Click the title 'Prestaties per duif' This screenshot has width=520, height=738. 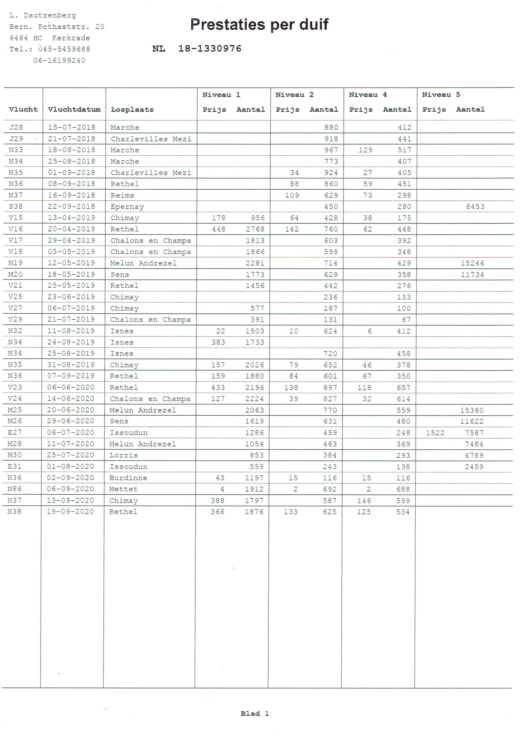[259, 24]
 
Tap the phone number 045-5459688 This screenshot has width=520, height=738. [64, 49]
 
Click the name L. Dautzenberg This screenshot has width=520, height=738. [43, 15]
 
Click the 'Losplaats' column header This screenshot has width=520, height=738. [132, 109]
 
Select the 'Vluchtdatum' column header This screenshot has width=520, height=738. [74, 109]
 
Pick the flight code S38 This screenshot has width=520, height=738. [16, 206]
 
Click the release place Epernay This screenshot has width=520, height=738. [127, 207]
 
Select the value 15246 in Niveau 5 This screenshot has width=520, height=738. [472, 263]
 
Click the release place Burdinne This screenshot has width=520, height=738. [128, 478]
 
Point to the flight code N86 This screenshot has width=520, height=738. [15, 489]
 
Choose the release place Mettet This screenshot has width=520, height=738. [123, 489]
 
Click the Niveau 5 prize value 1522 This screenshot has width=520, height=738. [435, 433]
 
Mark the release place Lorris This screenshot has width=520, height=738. [123, 455]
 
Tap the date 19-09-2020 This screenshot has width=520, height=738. [70, 511]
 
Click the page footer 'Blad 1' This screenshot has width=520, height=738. [255, 714]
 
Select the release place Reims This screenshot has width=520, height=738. [122, 195]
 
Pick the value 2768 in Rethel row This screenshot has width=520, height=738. [255, 229]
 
